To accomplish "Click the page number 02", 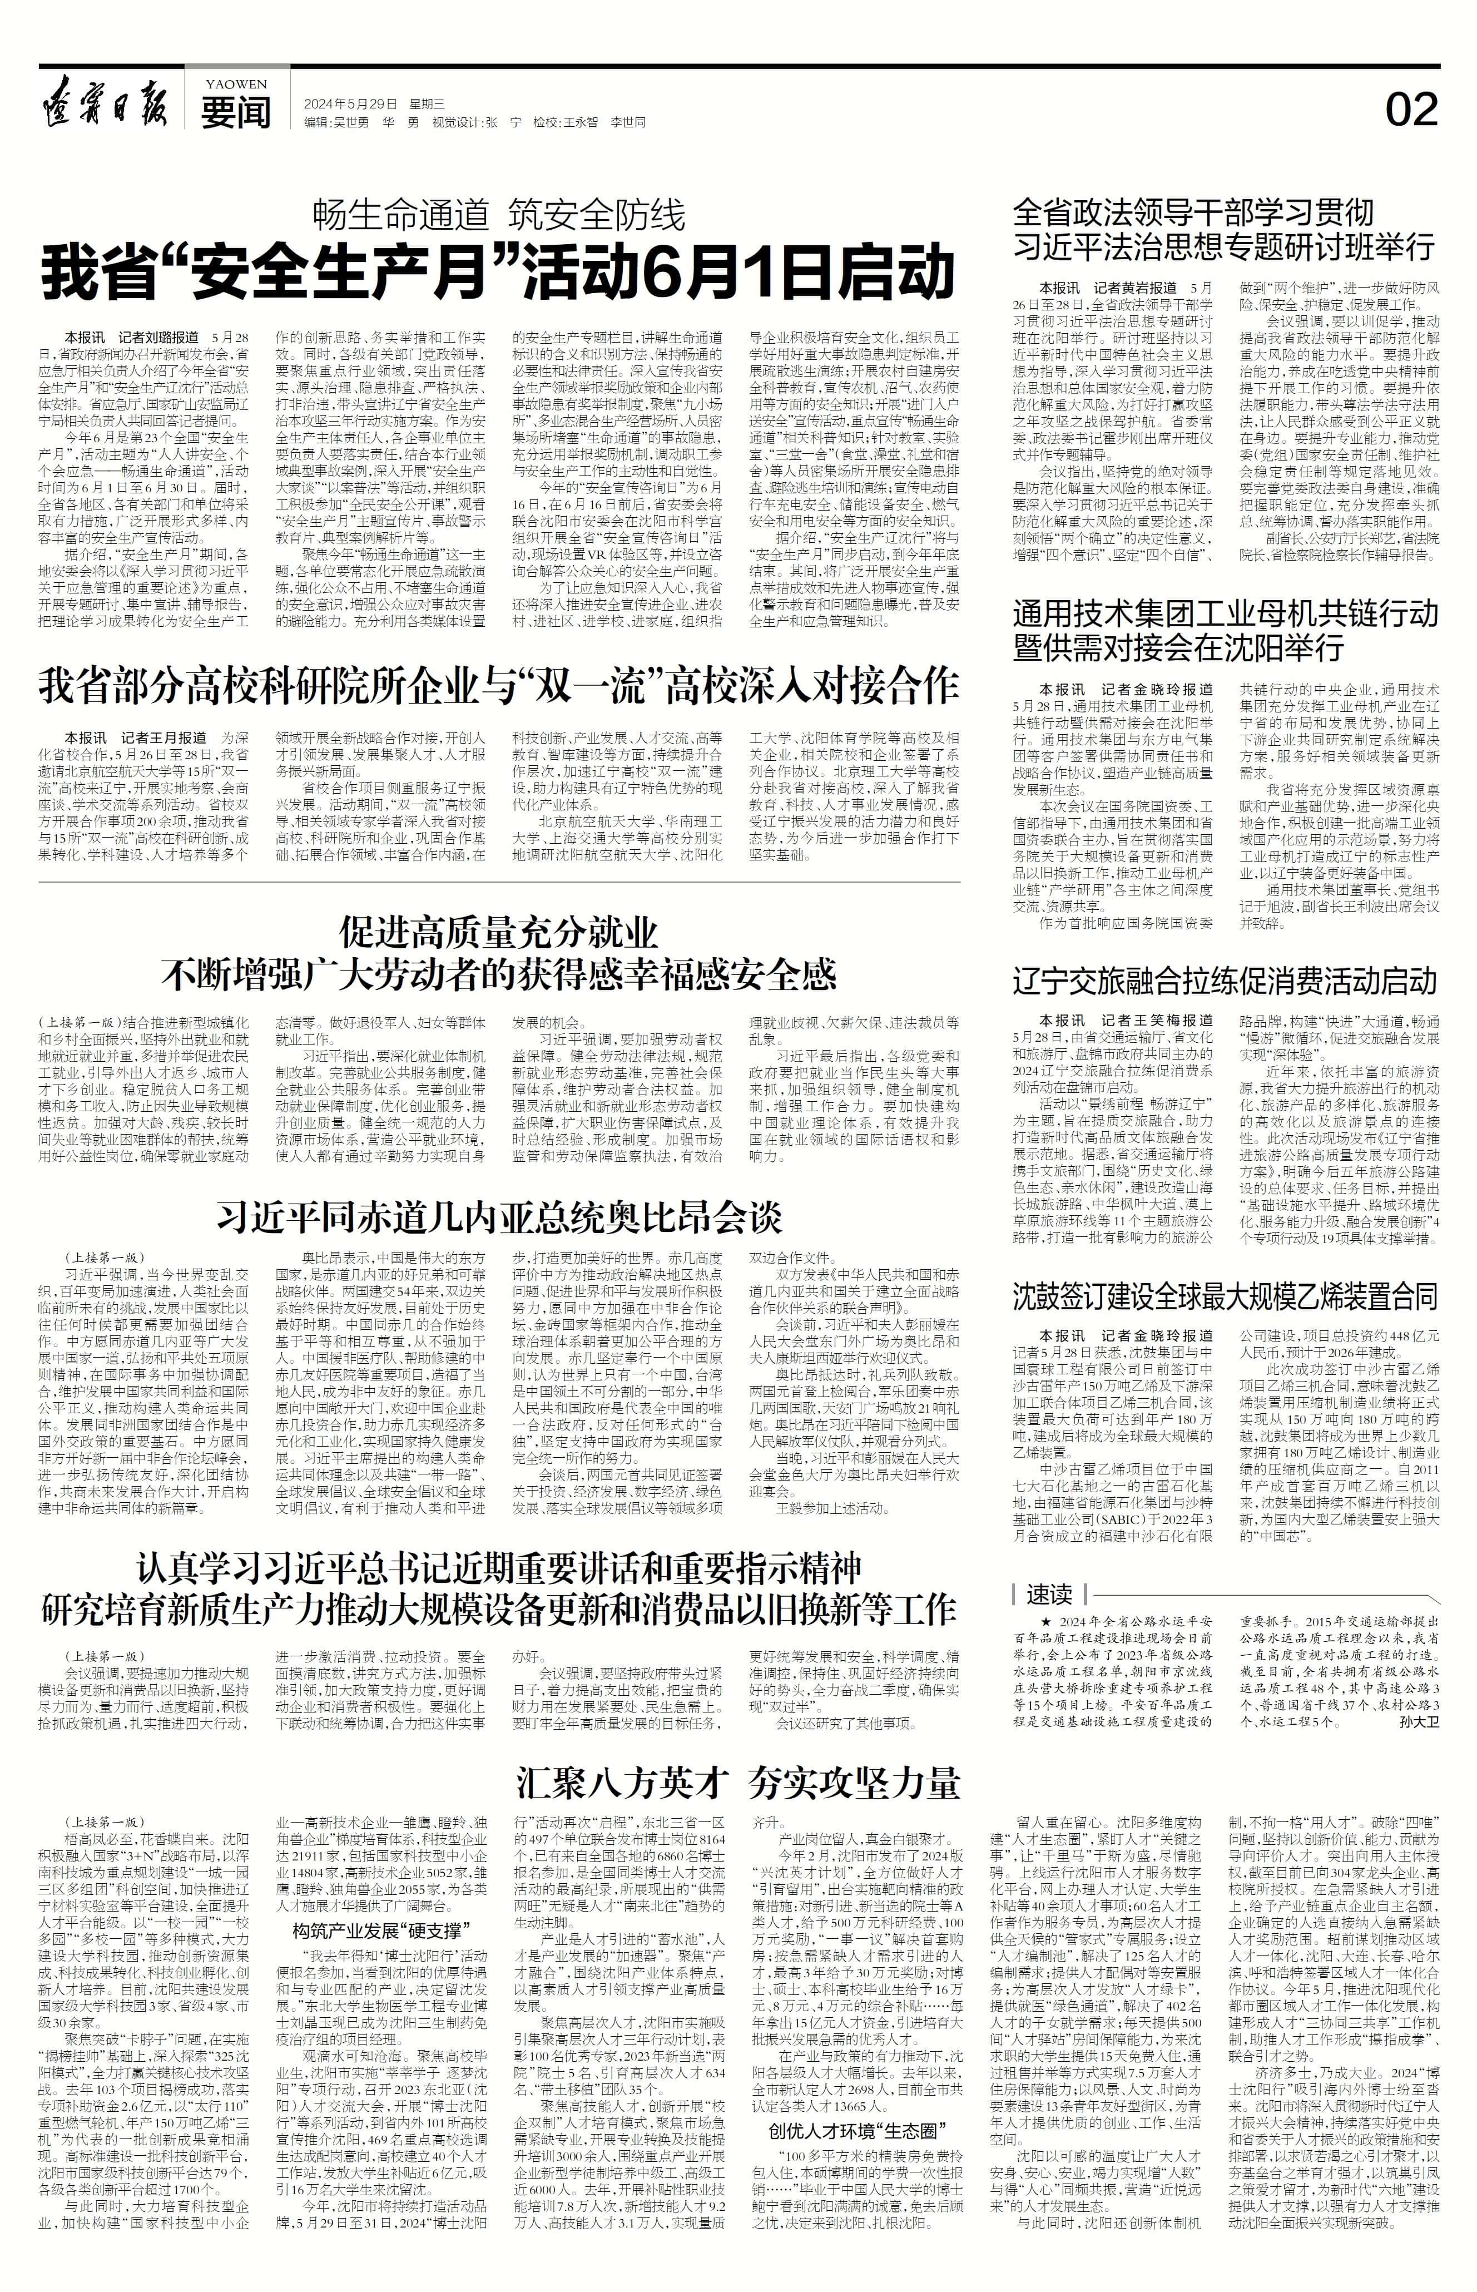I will [x=1411, y=110].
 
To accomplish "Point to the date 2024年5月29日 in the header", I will [x=350, y=103].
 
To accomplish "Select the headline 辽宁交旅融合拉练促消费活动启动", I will [x=1225, y=981].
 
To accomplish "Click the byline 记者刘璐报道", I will [x=159, y=339].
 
